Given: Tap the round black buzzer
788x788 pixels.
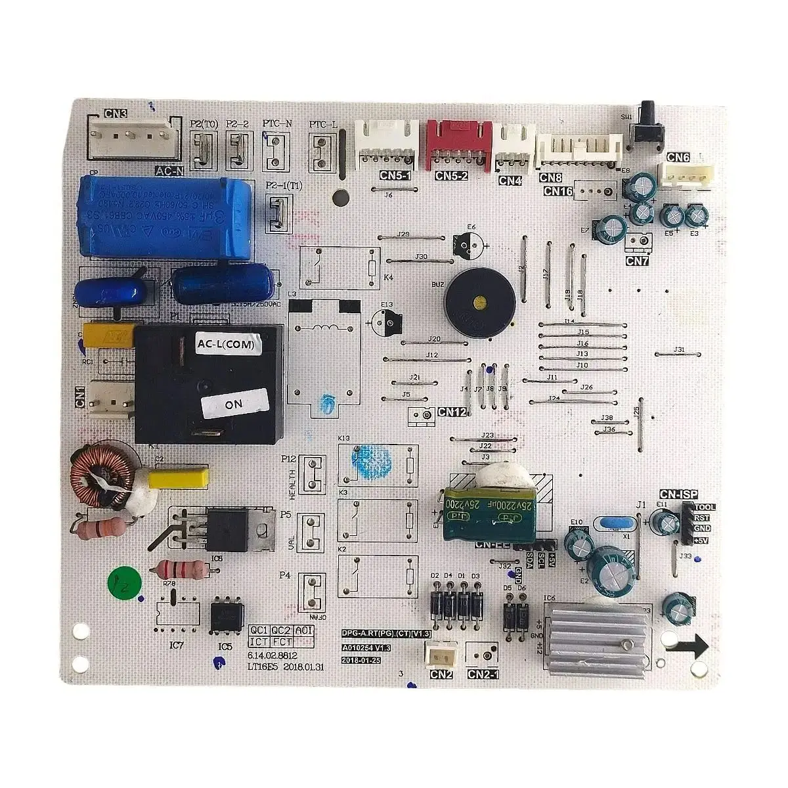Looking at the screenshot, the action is pyautogui.click(x=478, y=302).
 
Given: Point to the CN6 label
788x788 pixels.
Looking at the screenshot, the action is pyautogui.click(x=678, y=158).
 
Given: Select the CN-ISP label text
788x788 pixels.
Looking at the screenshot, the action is pyautogui.click(x=679, y=494).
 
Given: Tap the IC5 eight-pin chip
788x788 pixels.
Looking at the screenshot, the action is pyautogui.click(x=227, y=615).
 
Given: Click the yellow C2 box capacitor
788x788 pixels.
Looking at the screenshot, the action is pyautogui.click(x=179, y=477).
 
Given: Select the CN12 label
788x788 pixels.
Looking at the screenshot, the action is pyautogui.click(x=452, y=412).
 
